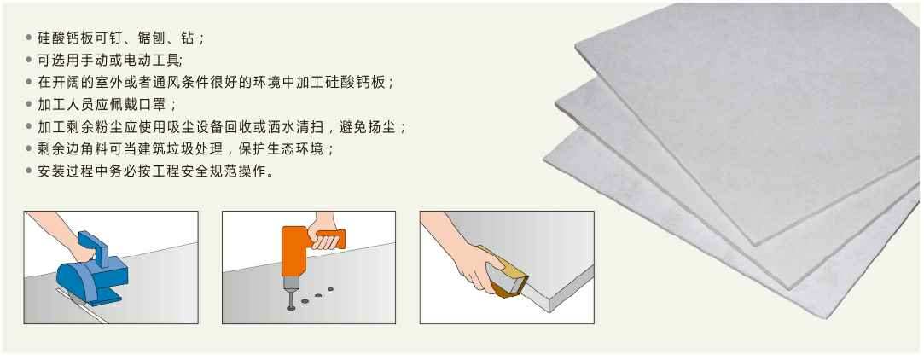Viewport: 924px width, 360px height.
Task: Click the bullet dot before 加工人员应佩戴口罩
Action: [28, 104]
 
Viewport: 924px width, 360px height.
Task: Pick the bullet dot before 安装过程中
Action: [28, 171]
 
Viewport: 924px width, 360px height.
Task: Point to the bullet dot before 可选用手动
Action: [28, 60]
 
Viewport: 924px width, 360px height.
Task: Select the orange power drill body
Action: [299, 253]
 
